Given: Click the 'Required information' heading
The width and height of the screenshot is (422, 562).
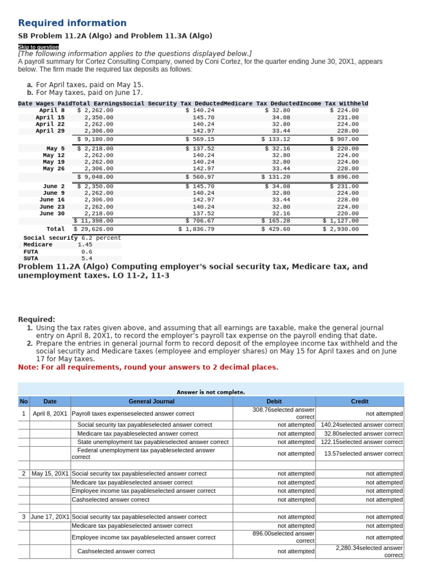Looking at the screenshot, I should (72, 23).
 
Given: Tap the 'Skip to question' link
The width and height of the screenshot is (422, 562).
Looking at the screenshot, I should (38, 47).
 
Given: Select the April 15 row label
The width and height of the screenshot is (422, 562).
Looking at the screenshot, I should (50, 117).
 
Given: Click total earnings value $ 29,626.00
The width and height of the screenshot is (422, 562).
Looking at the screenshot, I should (94, 229).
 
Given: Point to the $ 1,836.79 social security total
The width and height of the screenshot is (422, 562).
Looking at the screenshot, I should (196, 229).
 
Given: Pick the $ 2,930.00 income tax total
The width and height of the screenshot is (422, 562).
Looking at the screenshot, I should (341, 229).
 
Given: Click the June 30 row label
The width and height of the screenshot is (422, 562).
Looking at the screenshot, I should (52, 213).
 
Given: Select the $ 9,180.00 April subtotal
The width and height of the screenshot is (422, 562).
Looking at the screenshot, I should (96, 139).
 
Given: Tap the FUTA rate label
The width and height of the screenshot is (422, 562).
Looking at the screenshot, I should (31, 251).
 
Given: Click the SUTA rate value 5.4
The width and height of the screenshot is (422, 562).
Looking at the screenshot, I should (87, 258).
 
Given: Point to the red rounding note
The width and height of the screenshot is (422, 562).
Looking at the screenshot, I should (148, 367).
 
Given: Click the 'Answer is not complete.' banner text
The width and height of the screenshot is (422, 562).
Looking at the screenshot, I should (210, 392).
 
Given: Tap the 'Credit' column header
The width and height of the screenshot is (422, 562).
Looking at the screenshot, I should (359, 402).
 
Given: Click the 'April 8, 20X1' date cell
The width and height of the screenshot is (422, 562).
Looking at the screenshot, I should (49, 413).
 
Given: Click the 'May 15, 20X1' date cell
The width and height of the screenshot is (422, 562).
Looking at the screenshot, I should (50, 474).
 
